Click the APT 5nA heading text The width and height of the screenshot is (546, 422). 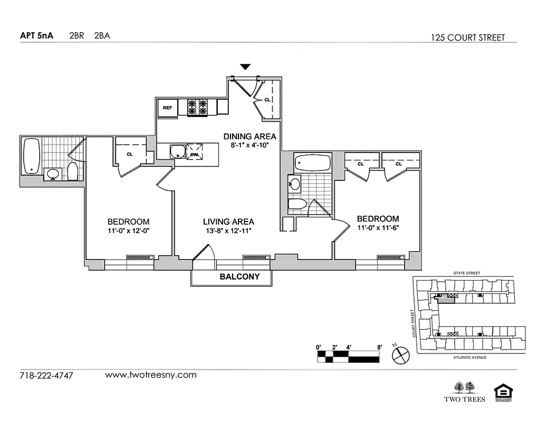[36, 36]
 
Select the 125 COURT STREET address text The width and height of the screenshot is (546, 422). [467, 37]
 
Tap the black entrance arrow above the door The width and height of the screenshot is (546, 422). [245, 67]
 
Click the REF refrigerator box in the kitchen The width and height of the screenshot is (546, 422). [168, 108]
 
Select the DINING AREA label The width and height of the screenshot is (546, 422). [250, 136]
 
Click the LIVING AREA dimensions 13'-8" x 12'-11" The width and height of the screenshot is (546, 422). [228, 231]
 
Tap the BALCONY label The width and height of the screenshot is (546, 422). [240, 276]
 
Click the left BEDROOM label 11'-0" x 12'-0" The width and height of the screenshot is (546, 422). [128, 231]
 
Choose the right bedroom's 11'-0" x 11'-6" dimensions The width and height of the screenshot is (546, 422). [378, 227]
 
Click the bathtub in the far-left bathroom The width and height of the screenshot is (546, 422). [32, 156]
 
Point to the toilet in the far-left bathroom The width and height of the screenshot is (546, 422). [73, 171]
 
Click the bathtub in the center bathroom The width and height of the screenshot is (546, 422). [312, 162]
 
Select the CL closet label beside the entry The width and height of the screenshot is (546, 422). [267, 99]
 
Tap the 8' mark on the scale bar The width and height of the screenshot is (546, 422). [379, 348]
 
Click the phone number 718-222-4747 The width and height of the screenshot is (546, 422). [46, 376]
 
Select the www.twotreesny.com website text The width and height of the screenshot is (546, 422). [151, 375]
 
